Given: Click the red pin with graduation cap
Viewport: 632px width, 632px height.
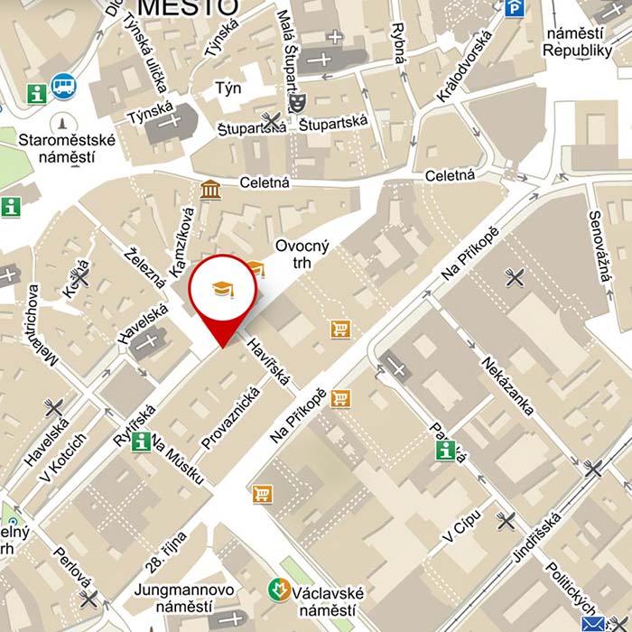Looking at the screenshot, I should (222, 291).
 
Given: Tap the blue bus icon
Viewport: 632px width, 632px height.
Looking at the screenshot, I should (64, 86).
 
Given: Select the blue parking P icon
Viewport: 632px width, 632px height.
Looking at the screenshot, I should (515, 8).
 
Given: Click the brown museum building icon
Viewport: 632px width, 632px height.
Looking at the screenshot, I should (211, 190).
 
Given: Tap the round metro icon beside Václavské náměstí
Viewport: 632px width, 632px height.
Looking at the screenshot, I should (280, 591).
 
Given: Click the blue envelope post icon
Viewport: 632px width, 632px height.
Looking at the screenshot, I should (593, 624).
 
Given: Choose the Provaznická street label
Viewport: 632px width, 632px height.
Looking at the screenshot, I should (231, 418).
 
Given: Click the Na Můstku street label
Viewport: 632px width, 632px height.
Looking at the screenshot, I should (177, 458).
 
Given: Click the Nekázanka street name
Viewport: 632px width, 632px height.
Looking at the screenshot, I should (507, 387).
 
